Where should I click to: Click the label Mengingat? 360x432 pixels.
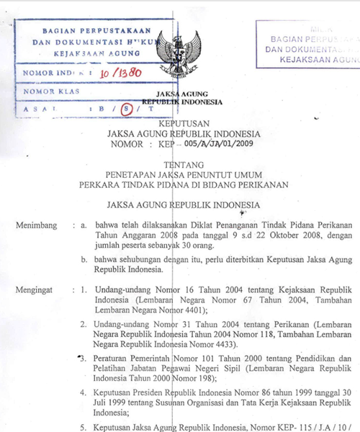[37, 289]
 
